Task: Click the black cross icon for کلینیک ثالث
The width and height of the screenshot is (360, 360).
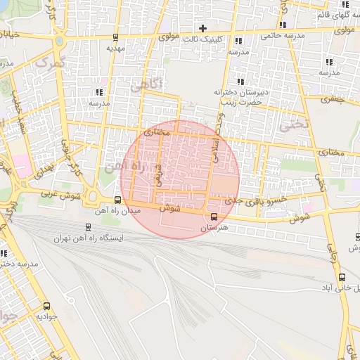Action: pos(203,29)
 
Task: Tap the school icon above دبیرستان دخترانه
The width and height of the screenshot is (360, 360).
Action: pos(241,81)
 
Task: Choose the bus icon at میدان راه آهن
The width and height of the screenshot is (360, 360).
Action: pos(117,199)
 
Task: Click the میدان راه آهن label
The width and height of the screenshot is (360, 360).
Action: pos(122,210)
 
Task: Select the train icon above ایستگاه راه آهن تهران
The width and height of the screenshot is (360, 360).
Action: pos(88,227)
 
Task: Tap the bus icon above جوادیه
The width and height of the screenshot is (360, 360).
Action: pos(47,306)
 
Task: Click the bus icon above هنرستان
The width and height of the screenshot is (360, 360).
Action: pos(214,216)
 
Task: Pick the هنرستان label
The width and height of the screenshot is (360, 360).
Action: pos(214,229)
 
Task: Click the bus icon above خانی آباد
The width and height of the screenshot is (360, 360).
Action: pos(342,277)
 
